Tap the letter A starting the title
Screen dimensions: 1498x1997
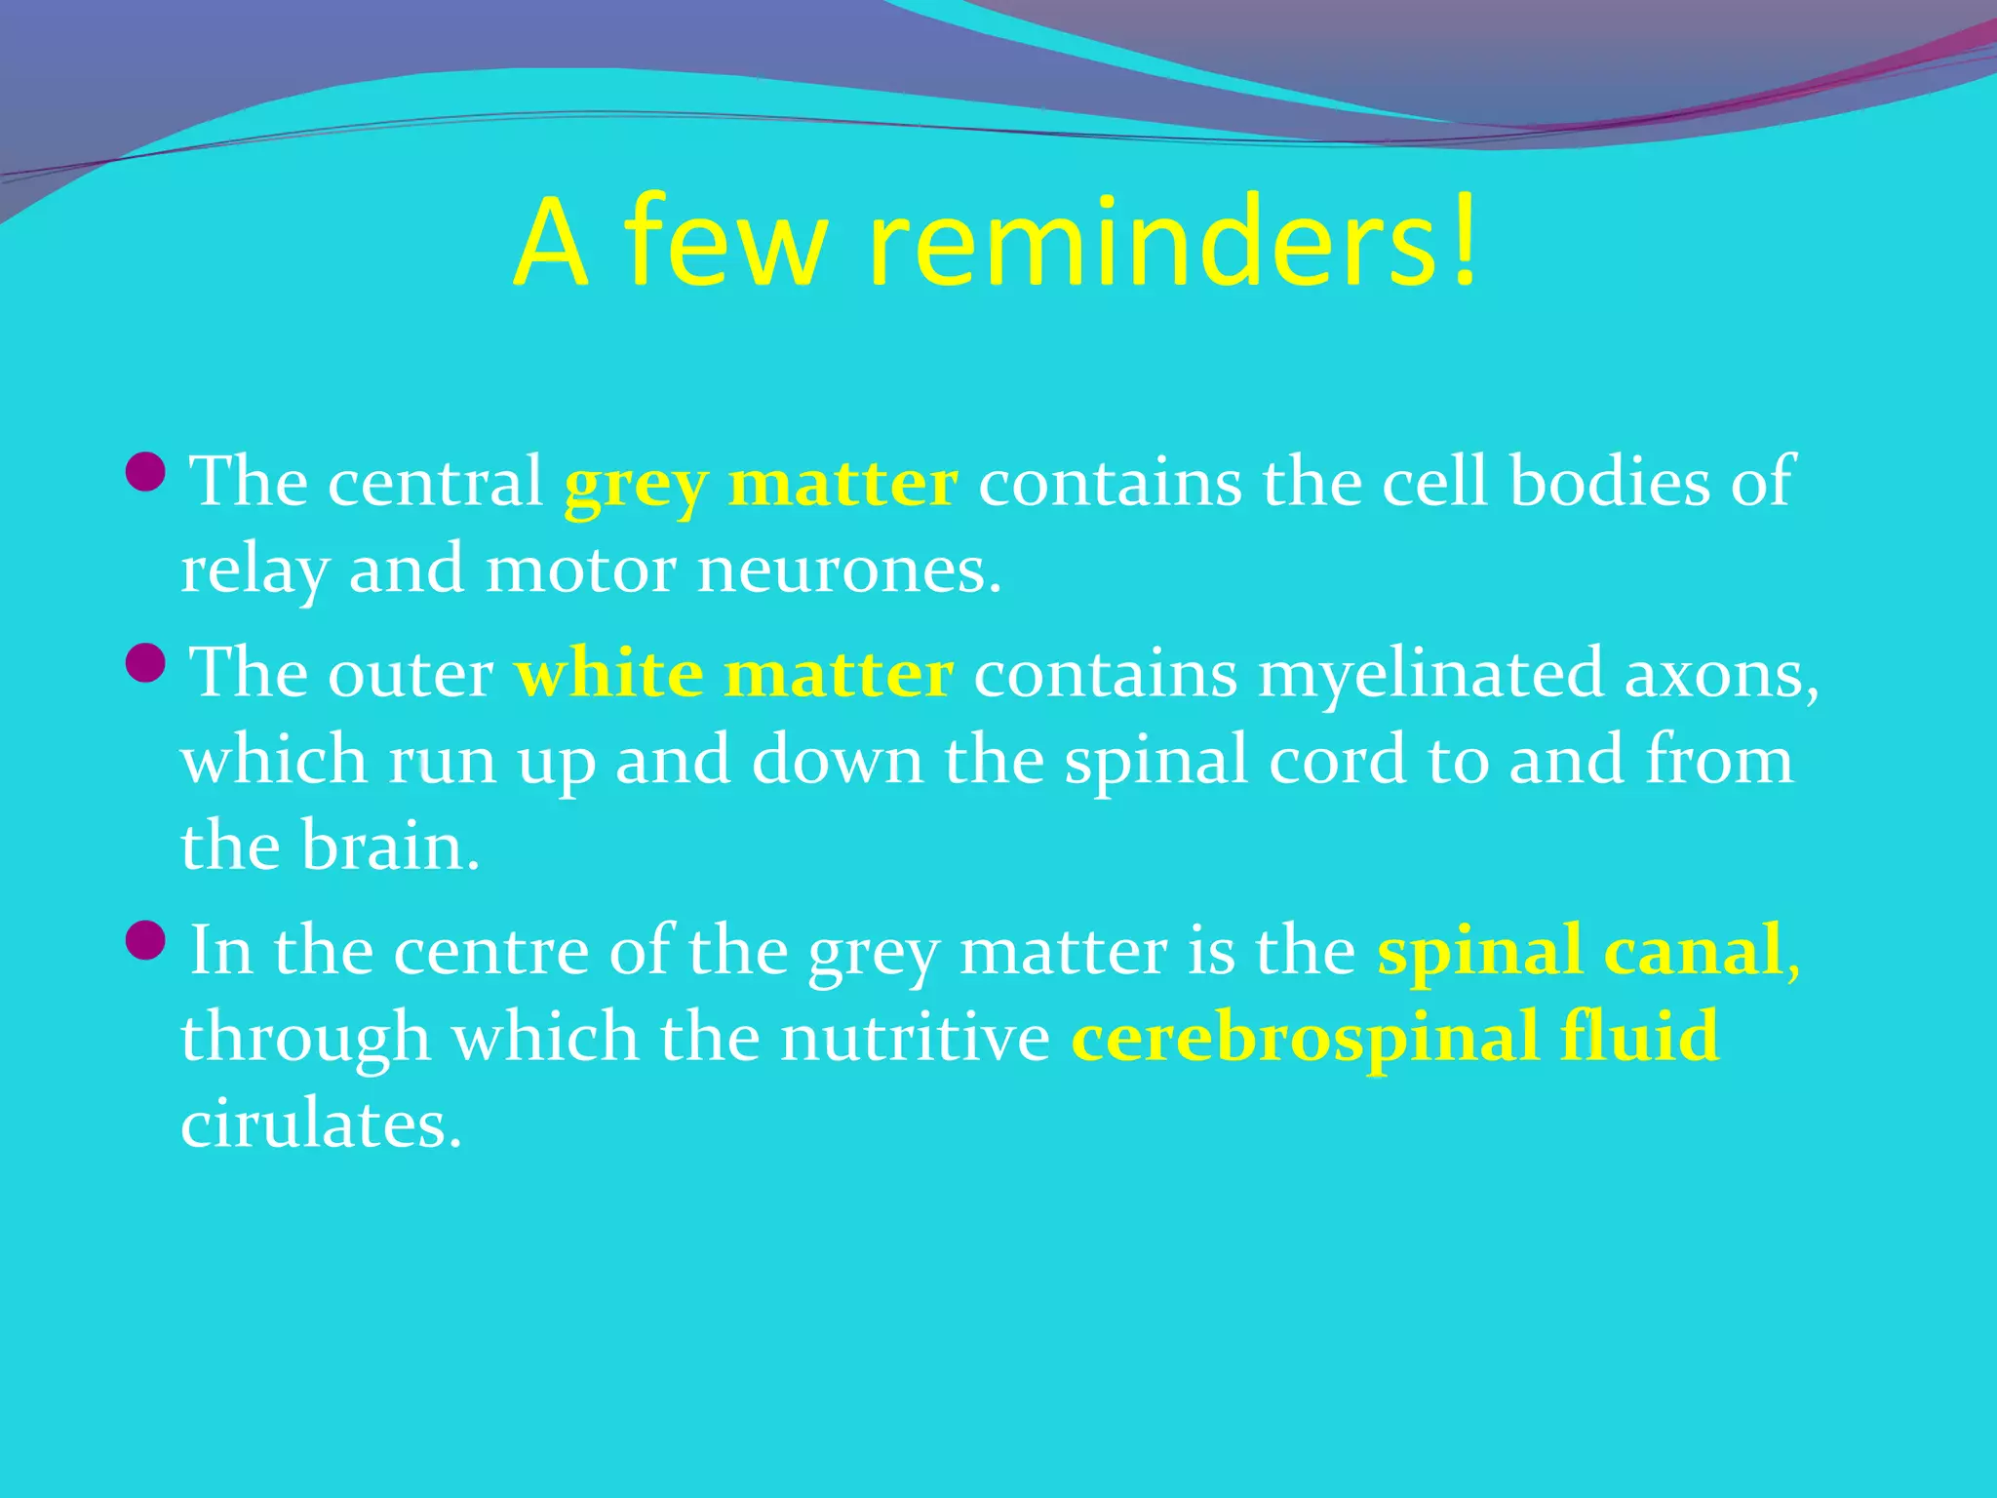tap(552, 244)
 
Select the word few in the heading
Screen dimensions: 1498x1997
tap(726, 244)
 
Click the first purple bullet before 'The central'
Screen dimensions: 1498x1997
tap(147, 472)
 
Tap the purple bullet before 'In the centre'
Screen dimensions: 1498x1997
tap(147, 940)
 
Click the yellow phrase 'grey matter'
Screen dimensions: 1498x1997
tap(761, 484)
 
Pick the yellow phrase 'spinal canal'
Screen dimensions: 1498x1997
tap(1580, 952)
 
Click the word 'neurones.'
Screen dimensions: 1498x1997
tap(848, 572)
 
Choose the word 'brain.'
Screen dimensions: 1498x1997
tap(390, 847)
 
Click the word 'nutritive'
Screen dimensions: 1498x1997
tap(915, 1038)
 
